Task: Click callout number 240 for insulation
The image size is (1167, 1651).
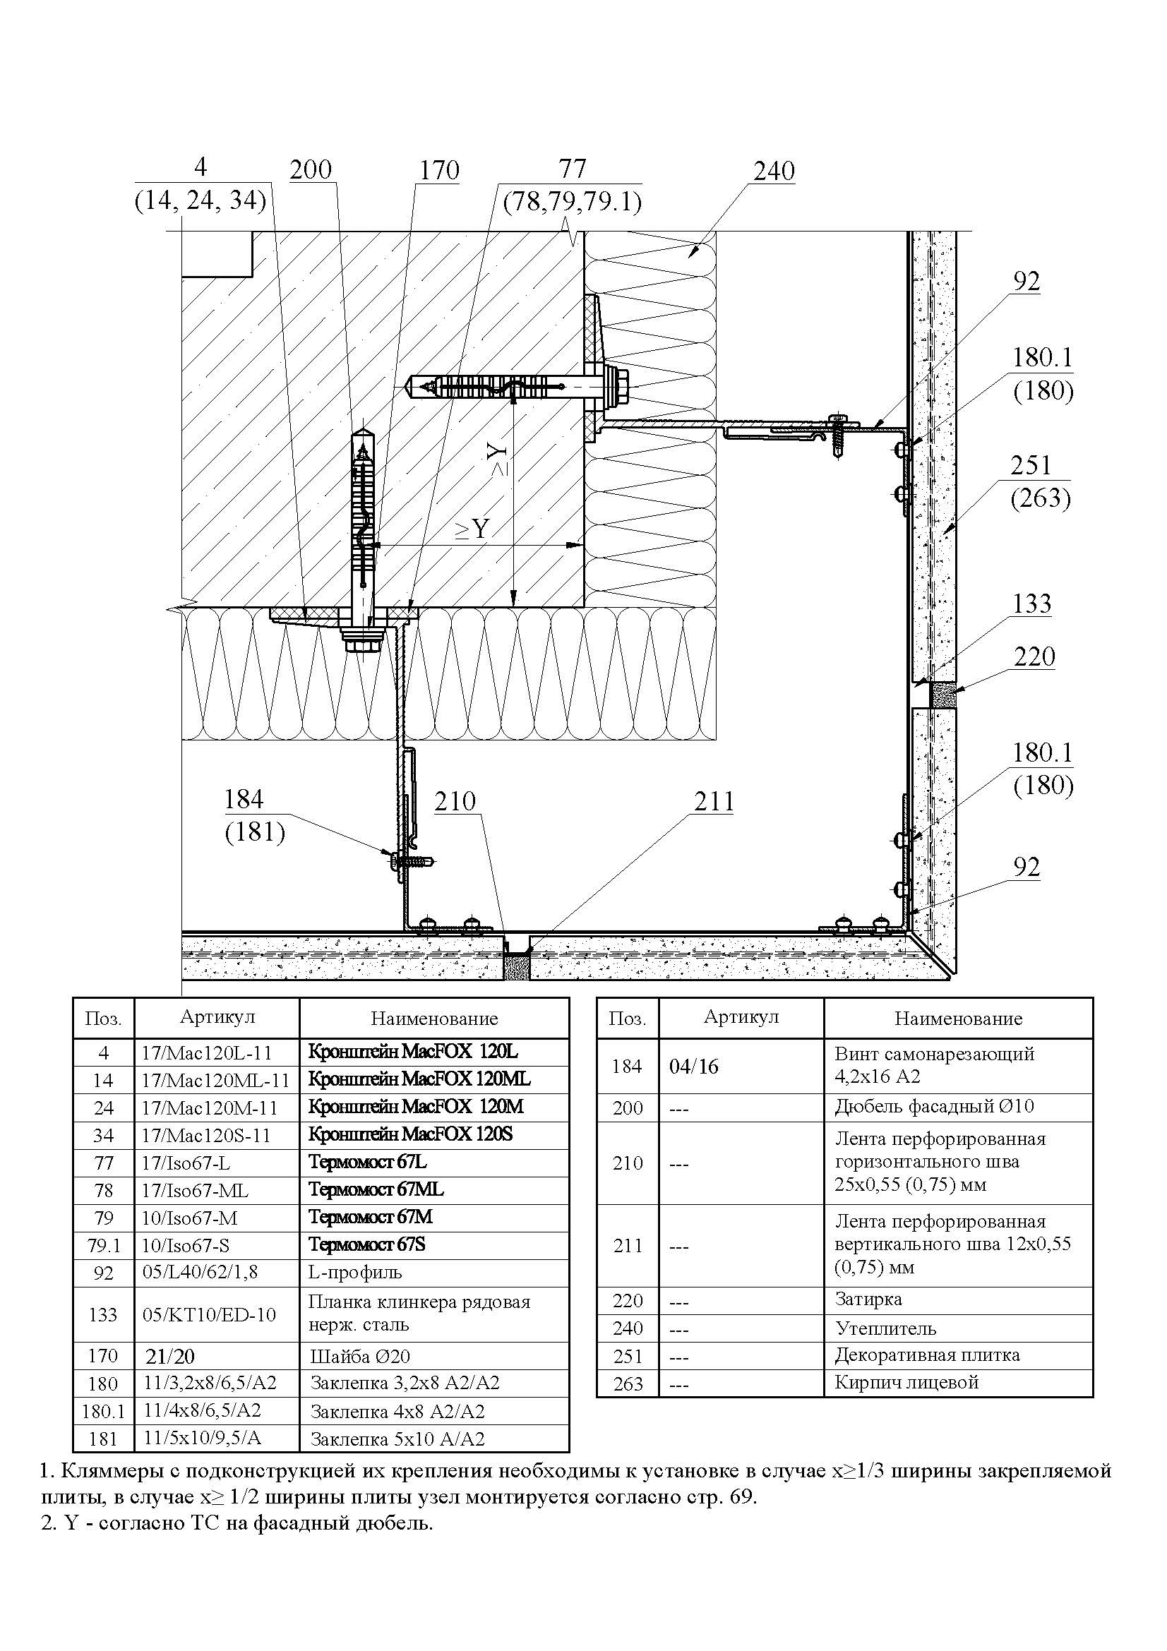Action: click(774, 171)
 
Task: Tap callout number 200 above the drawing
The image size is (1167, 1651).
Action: click(311, 169)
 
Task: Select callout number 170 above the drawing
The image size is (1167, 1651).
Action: click(438, 170)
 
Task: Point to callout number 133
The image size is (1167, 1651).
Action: click(1032, 604)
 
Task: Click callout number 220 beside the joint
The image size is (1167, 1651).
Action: click(1034, 656)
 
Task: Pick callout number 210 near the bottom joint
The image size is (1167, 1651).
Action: click(455, 801)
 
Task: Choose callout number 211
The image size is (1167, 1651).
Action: click(713, 801)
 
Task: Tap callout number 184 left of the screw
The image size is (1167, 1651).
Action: click(244, 800)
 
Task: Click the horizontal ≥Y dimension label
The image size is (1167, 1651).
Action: click(471, 530)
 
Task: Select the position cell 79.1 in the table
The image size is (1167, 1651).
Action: click(104, 1244)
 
